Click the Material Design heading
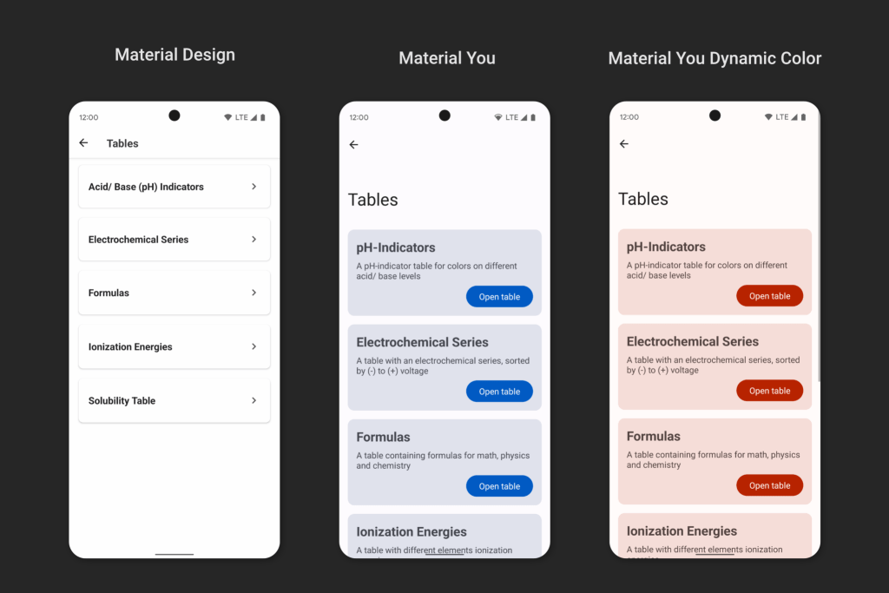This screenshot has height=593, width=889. coord(175,55)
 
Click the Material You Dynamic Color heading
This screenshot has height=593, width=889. coord(714,58)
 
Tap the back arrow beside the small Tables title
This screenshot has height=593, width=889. coord(83,143)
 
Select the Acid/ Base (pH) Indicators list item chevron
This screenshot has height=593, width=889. coord(254,187)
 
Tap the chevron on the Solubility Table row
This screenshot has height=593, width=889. coord(254,400)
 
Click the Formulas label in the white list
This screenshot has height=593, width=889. coord(109,293)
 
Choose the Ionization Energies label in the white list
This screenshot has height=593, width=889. coord(130,347)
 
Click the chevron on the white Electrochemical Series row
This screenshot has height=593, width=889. coord(254,240)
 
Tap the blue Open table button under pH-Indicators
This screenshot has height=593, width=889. coord(499,297)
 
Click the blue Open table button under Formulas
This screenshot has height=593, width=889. coord(499,486)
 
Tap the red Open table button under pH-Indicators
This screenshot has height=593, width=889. coord(769,296)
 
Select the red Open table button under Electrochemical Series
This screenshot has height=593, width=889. coord(769,391)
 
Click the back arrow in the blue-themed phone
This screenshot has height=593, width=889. coord(354,145)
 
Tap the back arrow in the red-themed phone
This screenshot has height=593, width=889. coord(624,144)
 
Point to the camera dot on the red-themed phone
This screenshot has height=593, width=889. coord(715,115)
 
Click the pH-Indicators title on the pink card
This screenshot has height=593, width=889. coord(666,247)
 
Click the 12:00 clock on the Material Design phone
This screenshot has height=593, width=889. coord(89,117)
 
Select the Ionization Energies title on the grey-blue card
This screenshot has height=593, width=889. coord(412,531)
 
